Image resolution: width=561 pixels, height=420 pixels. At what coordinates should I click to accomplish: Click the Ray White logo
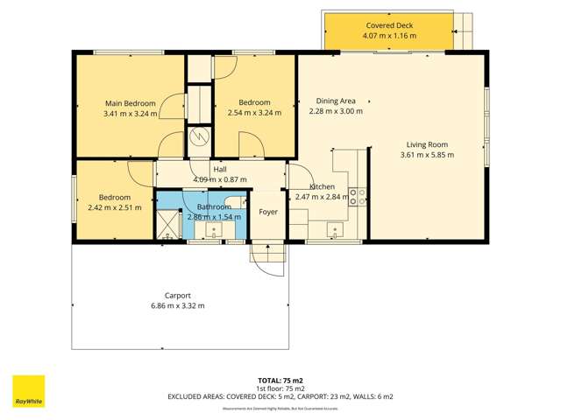(x=28, y=391)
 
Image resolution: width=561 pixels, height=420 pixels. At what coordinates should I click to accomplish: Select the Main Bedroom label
(x=131, y=102)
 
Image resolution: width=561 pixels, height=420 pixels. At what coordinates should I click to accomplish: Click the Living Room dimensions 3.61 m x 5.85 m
(x=427, y=156)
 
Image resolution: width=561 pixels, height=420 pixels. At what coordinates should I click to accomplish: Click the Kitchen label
(x=323, y=187)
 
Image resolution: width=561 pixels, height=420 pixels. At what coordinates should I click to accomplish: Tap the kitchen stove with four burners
(x=357, y=196)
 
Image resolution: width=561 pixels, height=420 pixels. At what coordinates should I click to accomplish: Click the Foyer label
(x=267, y=211)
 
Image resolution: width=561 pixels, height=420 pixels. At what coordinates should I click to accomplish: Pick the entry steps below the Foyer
(x=268, y=258)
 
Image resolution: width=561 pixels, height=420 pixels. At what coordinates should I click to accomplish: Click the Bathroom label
(x=213, y=206)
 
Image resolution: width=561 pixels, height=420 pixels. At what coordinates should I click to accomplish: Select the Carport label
(x=178, y=296)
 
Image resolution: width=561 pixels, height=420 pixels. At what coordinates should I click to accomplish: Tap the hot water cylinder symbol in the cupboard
(x=200, y=136)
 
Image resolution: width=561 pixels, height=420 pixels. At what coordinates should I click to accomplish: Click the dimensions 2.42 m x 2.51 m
(x=115, y=207)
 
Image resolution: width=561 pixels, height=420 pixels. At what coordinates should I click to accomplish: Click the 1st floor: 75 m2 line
(x=280, y=388)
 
